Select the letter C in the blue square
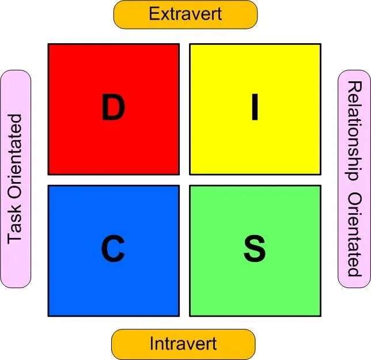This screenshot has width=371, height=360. pos(113,250)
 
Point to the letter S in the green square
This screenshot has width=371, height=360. pos(254,250)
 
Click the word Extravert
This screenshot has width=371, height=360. pos(185,14)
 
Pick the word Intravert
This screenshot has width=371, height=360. pos(183,344)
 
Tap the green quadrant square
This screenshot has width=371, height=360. pos(255,288)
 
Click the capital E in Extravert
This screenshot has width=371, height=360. pos(153,14)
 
